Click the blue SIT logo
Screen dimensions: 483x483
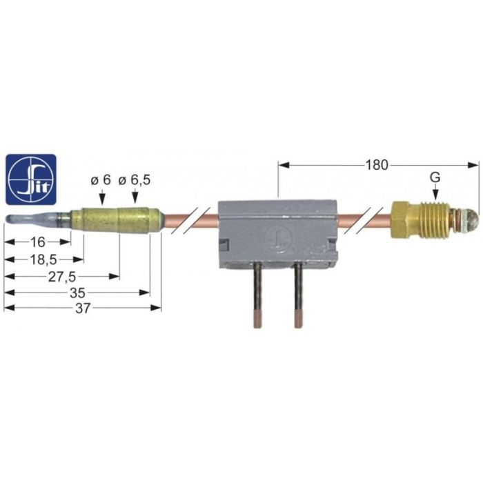pos(31,179)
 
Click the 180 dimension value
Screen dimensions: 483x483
pos(377,165)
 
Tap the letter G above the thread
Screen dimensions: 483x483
pos(435,177)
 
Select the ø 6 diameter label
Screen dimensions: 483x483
pos(101,180)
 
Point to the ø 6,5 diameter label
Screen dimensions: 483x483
pos(135,180)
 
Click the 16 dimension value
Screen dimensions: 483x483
pos(37,242)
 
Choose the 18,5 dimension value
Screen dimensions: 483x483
pos(43,260)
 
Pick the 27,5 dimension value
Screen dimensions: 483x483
pos(61,277)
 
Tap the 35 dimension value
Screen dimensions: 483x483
pos(77,293)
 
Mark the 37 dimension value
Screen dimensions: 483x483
pos(83,308)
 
